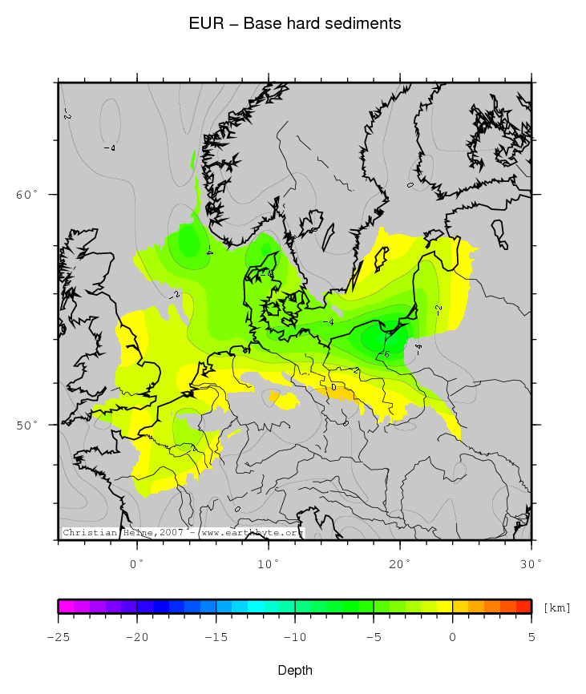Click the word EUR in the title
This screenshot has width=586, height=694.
[x=201, y=24]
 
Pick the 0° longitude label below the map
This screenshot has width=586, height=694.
[x=138, y=564]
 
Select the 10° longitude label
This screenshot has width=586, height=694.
[x=269, y=564]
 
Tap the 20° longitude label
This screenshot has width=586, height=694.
[x=400, y=564]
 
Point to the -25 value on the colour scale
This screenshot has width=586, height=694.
[x=58, y=636]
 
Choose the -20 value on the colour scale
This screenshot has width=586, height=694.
[x=137, y=636]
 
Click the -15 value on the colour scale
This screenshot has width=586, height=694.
[x=216, y=636]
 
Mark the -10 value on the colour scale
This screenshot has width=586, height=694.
[x=294, y=636]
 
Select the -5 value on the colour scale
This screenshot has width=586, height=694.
[x=374, y=636]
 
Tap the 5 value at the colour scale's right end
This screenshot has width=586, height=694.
[x=531, y=636]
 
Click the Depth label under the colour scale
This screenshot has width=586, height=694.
[x=294, y=670]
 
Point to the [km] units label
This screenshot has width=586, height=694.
[x=556, y=607]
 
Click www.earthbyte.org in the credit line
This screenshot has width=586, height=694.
[x=252, y=532]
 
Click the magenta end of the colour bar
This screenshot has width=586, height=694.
[x=63, y=607]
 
